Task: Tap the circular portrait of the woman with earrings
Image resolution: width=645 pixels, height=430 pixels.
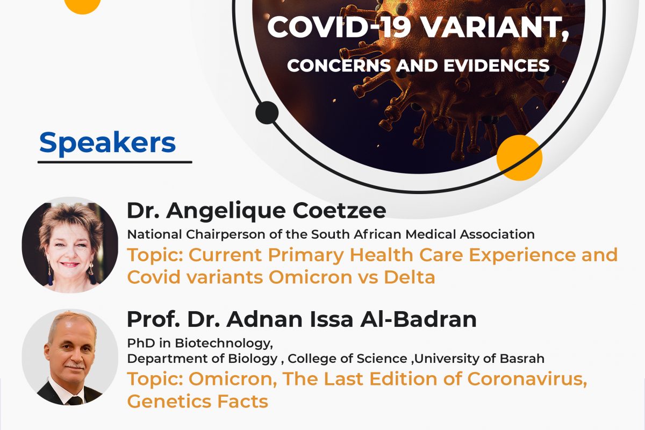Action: [70, 245]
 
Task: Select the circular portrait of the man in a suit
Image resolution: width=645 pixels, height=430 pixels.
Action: [70, 357]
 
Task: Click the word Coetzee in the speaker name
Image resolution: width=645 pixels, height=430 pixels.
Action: [340, 211]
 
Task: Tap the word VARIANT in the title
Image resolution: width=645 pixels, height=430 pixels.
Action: [496, 27]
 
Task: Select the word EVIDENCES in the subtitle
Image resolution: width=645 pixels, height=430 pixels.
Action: [497, 66]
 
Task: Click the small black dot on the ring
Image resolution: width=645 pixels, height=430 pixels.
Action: [267, 113]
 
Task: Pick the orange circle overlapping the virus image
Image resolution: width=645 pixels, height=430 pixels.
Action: [519, 158]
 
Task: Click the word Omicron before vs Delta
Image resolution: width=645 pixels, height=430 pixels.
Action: [311, 277]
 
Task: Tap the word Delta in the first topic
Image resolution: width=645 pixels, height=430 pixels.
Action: [409, 277]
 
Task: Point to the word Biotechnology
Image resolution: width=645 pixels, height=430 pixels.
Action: [224, 343]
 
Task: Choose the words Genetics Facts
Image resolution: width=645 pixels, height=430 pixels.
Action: [198, 402]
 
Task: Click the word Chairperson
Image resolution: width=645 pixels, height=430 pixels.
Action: [226, 235]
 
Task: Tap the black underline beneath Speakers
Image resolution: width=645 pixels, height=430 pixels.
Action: [115, 162]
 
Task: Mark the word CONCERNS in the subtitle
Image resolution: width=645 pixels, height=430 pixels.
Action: [339, 66]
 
